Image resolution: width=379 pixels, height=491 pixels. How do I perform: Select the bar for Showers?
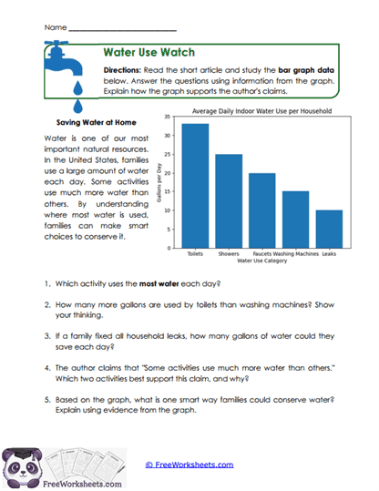pyautogui.click(x=229, y=201)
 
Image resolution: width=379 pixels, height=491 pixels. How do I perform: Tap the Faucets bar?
pyautogui.click(x=262, y=210)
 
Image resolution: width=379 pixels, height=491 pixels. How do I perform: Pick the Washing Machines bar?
pyautogui.click(x=295, y=220)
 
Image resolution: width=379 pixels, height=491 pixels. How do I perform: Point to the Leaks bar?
pyautogui.click(x=329, y=229)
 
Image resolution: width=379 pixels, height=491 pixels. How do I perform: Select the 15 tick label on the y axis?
pyautogui.click(x=172, y=191)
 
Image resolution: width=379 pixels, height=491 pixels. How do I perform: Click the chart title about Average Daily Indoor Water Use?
pyautogui.click(x=261, y=111)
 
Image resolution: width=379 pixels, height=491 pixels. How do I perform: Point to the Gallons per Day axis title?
pyautogui.click(x=161, y=182)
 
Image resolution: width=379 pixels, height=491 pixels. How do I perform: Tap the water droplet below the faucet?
pyautogui.click(x=79, y=88)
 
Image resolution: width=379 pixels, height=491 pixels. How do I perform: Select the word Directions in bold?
pyautogui.click(x=121, y=70)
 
